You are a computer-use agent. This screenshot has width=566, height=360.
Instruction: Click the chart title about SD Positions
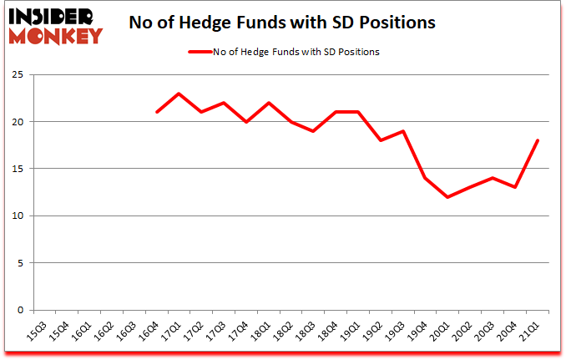pos(282,23)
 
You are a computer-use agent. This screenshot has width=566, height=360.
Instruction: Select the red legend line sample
pos(201,52)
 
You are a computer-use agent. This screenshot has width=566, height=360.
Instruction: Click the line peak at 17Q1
pos(179,94)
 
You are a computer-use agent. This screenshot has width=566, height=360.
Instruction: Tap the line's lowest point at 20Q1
pos(449,197)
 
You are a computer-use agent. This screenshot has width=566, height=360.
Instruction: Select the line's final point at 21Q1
pos(538,140)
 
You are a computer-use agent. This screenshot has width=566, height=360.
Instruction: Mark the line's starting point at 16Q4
pos(156,112)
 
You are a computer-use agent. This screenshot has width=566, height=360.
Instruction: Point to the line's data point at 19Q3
pos(404,131)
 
